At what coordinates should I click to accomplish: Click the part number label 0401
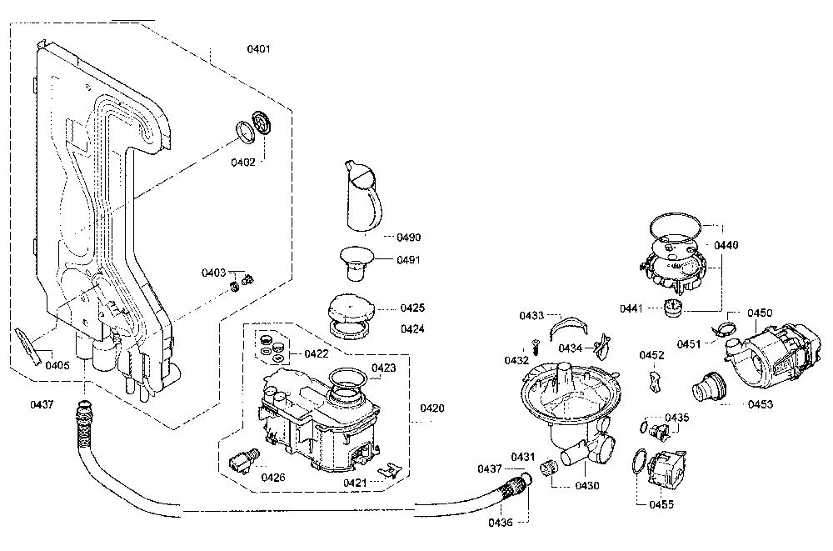[x=259, y=49]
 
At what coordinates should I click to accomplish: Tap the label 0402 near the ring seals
[x=242, y=163]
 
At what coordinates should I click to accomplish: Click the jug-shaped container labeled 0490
[x=364, y=195]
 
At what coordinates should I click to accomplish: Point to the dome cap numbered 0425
[x=352, y=308]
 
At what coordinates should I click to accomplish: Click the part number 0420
[x=431, y=408]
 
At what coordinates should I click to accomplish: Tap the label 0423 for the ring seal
[x=383, y=368]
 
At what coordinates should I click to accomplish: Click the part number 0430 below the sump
[x=586, y=486]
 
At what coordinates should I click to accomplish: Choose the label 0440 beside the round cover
[x=726, y=245]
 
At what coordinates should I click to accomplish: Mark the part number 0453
[x=761, y=404]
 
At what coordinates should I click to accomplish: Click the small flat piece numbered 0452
[x=655, y=382]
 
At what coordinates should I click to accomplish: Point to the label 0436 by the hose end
[x=501, y=523]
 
